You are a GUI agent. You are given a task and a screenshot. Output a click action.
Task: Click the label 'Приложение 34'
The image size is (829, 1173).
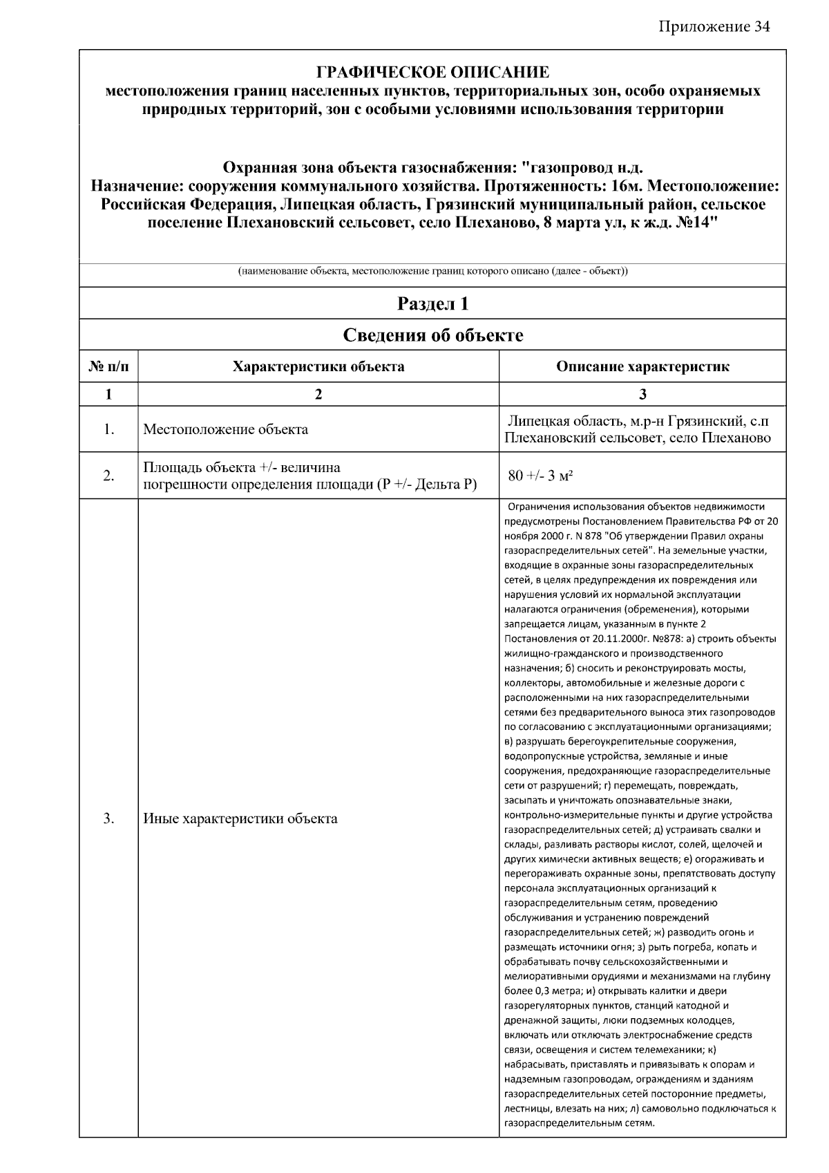(714, 27)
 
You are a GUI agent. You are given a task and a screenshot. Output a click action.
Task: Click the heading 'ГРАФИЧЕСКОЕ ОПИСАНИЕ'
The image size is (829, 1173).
(432, 73)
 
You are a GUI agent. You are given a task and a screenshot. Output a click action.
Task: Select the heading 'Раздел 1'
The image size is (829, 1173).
(432, 303)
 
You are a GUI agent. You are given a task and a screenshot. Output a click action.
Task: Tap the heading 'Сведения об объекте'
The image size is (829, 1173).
(432, 336)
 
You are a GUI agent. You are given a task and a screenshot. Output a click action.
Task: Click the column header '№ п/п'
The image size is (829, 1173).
(108, 367)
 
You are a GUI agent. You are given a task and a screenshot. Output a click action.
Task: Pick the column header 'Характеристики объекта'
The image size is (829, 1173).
(318, 367)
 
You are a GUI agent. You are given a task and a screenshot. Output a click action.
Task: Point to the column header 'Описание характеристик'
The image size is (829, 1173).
(642, 367)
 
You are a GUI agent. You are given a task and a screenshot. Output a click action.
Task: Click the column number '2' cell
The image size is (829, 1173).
(318, 394)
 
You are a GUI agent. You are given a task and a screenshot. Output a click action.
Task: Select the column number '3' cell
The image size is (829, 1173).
(642, 394)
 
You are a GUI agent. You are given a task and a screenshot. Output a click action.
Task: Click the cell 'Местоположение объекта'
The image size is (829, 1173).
(226, 429)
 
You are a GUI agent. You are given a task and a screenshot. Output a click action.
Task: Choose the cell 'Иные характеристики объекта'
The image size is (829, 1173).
(240, 819)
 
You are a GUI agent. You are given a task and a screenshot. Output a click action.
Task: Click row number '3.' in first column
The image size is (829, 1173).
(108, 819)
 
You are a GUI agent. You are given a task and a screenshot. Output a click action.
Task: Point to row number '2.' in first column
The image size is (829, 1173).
(108, 476)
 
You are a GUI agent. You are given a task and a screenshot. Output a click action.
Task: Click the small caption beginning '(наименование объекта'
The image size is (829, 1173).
(432, 272)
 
